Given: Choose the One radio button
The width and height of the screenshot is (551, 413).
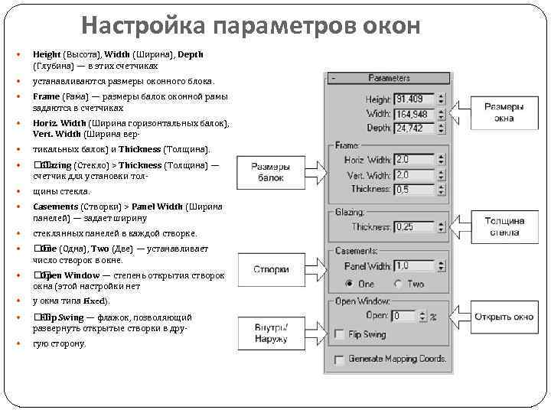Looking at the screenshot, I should point(350,284).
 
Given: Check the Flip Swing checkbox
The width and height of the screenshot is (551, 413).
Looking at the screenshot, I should point(339,334).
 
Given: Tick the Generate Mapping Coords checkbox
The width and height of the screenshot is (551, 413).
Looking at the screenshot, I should point(339,359).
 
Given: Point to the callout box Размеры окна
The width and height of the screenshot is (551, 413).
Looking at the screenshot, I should point(504,113).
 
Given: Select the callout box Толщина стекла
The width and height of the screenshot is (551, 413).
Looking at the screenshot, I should point(504,226).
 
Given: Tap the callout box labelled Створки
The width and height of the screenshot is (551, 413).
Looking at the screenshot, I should point(271,269).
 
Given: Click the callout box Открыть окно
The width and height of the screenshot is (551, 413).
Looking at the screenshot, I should point(504,316).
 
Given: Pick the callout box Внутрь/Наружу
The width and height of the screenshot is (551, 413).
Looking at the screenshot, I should point(271,333).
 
